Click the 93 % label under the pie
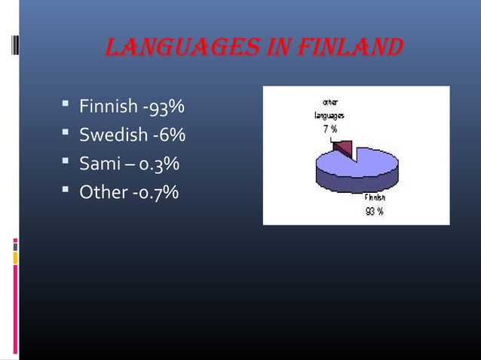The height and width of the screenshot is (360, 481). pyautogui.click(x=375, y=212)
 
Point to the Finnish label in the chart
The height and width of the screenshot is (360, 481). pyautogui.click(x=375, y=199)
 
